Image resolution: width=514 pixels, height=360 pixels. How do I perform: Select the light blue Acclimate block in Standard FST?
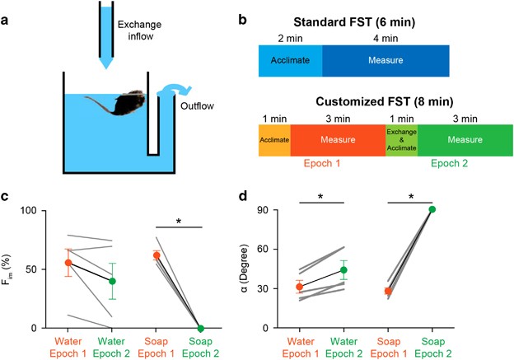[x=290, y=60]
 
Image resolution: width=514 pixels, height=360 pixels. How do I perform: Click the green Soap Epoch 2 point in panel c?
[x=223, y=328]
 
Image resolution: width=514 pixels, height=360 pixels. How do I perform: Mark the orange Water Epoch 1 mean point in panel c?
[x=68, y=263]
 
